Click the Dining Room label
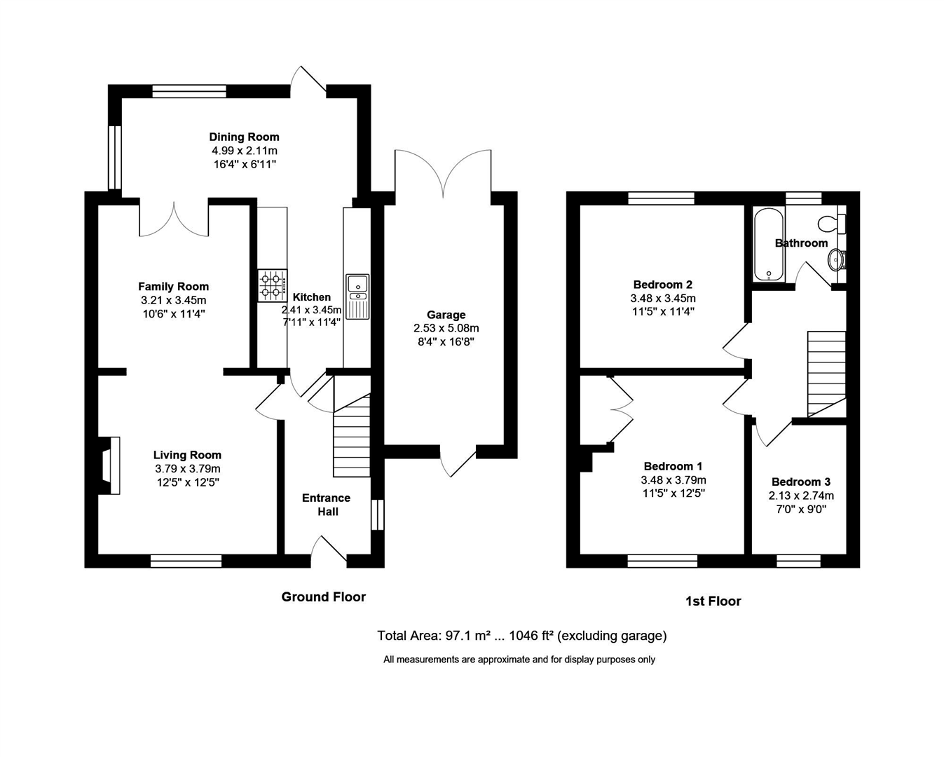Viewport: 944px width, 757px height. (244, 137)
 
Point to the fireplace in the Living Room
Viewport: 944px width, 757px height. (109, 465)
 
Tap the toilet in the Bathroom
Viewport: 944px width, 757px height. (830, 224)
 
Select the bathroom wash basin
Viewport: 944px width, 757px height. (837, 260)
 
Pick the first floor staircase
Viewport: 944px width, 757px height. (827, 374)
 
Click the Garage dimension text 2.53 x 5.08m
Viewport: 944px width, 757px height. (446, 328)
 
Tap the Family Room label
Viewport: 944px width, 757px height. (173, 286)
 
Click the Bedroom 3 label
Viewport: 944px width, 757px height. (800, 482)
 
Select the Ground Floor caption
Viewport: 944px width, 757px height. (323, 597)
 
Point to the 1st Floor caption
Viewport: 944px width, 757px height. (713, 601)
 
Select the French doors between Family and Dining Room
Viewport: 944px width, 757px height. (174, 219)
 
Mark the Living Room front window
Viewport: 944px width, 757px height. (186, 560)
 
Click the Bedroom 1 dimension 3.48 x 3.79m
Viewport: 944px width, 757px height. (673, 480)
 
